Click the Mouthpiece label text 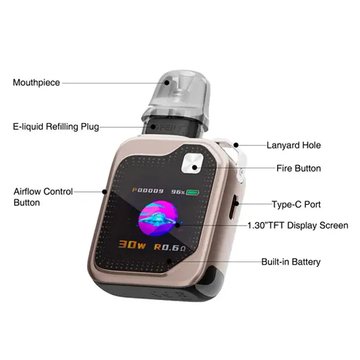pyautogui.click(x=36, y=83)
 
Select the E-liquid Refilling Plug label pyautogui.click(x=56, y=127)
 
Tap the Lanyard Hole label pyautogui.click(x=293, y=145)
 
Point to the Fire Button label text pyautogui.click(x=298, y=168)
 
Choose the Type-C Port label pyautogui.click(x=296, y=205)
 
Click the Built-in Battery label pyautogui.click(x=291, y=262)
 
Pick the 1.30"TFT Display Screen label pyautogui.click(x=298, y=225)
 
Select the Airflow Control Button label pyautogui.click(x=43, y=197)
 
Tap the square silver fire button pyautogui.click(x=192, y=163)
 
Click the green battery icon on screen pyautogui.click(x=193, y=193)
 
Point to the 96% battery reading pyautogui.click(x=178, y=192)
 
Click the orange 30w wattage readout pyautogui.click(x=132, y=245)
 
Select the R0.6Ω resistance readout pyautogui.click(x=170, y=247)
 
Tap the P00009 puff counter pyautogui.click(x=148, y=191)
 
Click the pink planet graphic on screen pyautogui.click(x=158, y=218)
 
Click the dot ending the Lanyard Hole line pyautogui.click(x=236, y=145)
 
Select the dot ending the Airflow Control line pyautogui.click(x=104, y=192)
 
